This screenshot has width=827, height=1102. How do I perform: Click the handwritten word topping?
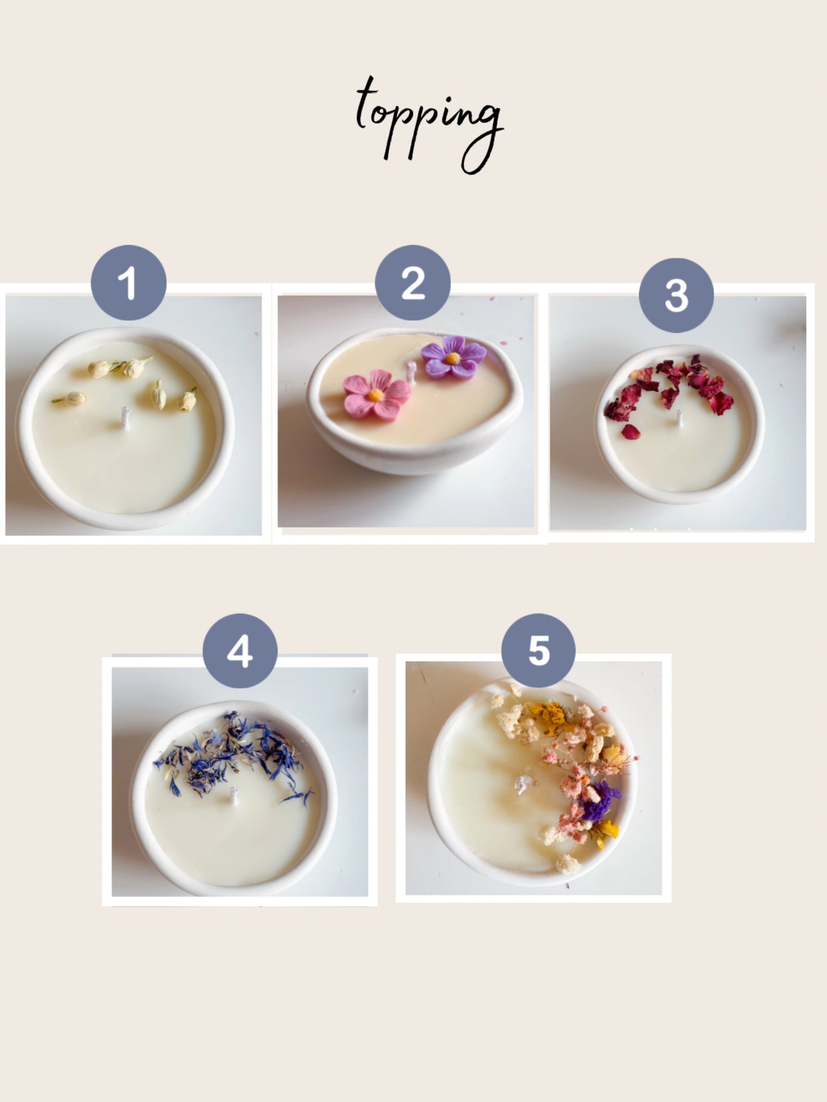tap(429, 123)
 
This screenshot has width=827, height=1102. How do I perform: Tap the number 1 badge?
tap(129, 283)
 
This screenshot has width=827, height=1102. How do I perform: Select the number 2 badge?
tap(413, 283)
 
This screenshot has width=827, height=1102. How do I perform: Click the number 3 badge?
tap(676, 295)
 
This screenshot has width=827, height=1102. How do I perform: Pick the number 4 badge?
tap(240, 651)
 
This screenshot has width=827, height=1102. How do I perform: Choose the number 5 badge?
tap(539, 651)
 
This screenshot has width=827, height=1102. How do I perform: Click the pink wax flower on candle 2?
tap(377, 395)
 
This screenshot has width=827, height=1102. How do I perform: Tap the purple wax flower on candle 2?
tap(453, 358)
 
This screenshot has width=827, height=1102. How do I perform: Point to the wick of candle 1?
tap(125, 417)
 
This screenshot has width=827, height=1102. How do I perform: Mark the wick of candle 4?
tap(234, 795)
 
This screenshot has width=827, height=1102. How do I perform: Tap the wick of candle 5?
tap(522, 784)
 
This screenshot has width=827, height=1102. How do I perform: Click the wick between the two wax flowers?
tap(411, 371)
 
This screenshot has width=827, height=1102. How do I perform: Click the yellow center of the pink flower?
tap(375, 395)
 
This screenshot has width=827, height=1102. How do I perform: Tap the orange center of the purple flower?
tap(453, 359)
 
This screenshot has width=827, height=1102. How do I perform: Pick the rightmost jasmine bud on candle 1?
tap(187, 400)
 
